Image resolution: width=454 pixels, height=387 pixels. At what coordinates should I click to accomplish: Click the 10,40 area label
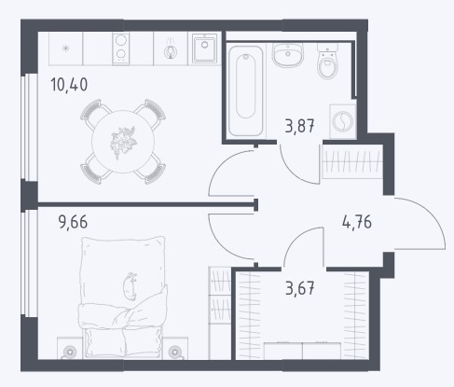[x=69, y=85]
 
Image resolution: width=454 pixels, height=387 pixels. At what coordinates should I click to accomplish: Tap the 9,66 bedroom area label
[x=73, y=222]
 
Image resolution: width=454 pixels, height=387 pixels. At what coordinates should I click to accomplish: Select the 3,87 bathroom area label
[x=300, y=126]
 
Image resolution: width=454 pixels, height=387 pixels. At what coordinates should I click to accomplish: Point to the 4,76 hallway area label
[x=357, y=222]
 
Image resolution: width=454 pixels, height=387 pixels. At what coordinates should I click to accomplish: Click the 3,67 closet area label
[x=300, y=288]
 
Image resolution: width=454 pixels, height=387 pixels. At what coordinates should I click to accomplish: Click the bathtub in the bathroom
[x=246, y=90]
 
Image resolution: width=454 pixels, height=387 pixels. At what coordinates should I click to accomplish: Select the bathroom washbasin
[x=288, y=55]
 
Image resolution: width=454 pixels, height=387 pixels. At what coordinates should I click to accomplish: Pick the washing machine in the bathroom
[x=342, y=121]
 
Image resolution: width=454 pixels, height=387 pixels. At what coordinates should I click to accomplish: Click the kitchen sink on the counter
[x=204, y=48]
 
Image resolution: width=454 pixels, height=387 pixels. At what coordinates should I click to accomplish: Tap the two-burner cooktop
[x=121, y=48]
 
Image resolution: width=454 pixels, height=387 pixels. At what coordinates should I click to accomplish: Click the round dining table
[x=123, y=142]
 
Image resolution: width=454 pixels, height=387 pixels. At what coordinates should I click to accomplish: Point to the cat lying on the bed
[x=131, y=286]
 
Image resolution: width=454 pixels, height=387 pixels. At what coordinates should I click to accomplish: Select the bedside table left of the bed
[x=70, y=349]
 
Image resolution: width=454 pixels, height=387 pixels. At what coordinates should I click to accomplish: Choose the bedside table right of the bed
[x=175, y=349]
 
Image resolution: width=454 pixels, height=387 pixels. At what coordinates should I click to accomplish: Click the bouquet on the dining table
[x=123, y=142]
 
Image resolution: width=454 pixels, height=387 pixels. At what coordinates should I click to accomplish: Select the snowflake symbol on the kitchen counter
[x=65, y=48]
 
